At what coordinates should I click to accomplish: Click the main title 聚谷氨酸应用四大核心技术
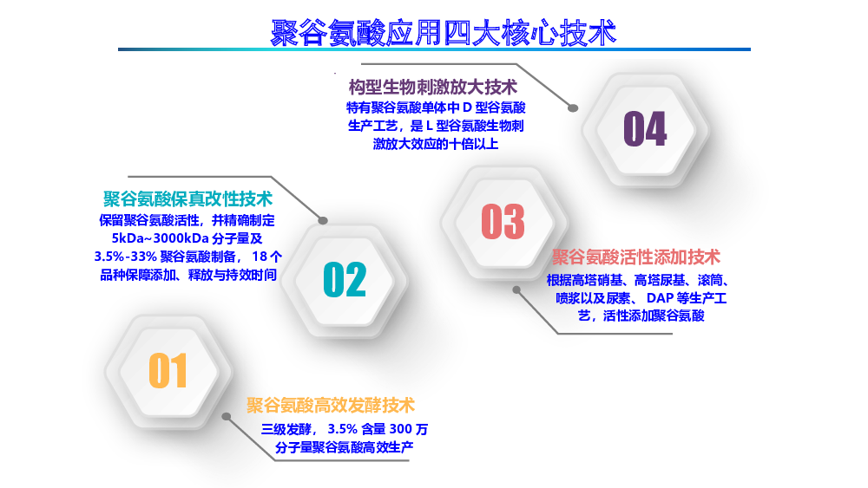click(443, 32)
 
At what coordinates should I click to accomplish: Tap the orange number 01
click(168, 370)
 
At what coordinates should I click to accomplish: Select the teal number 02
click(345, 279)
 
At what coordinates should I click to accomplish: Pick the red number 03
click(503, 221)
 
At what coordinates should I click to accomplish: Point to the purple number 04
click(645, 128)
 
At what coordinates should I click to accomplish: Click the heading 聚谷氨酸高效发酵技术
click(331, 405)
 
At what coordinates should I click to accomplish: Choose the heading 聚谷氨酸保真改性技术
click(187, 198)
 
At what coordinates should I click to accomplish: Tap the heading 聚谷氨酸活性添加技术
click(636, 257)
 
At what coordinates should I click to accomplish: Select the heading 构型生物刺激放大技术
click(433, 87)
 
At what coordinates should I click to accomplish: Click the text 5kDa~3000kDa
click(160, 238)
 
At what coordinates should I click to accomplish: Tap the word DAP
click(660, 298)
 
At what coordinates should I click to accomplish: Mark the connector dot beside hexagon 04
click(573, 108)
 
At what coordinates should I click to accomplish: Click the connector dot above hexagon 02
click(323, 220)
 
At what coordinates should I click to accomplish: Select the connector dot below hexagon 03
click(516, 290)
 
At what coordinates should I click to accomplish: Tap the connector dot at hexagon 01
click(227, 417)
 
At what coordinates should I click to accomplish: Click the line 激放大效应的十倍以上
click(436, 144)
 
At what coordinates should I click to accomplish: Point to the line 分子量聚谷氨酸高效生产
click(345, 447)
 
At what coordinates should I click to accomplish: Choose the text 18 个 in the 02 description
click(266, 257)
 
